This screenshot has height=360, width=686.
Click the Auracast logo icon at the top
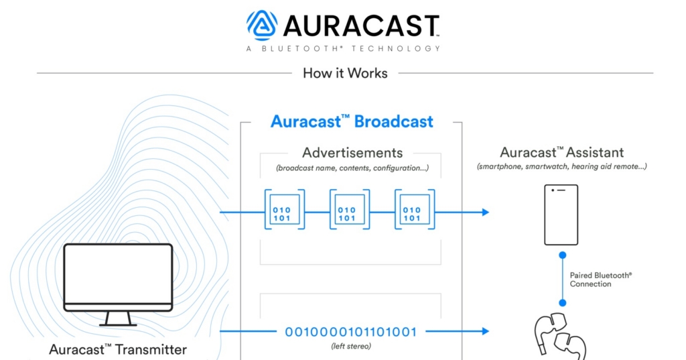pos(262,25)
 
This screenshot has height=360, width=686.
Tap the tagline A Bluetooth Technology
pos(343,48)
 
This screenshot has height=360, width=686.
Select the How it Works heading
pos(345,73)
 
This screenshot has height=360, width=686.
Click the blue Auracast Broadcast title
pos(352,121)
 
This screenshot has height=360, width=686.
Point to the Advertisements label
pos(352,153)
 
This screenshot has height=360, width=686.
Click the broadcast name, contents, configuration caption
pos(352,168)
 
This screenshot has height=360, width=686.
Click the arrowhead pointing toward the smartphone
pos(484,213)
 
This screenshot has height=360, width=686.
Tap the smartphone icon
pos(561,214)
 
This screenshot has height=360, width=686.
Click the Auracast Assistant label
pos(561,153)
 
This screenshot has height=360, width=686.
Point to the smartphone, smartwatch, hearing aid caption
pos(561,166)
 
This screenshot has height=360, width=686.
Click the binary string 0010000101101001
pos(351,332)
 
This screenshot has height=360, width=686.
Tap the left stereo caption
pos(351,346)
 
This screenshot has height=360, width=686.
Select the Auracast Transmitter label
pos(118,349)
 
